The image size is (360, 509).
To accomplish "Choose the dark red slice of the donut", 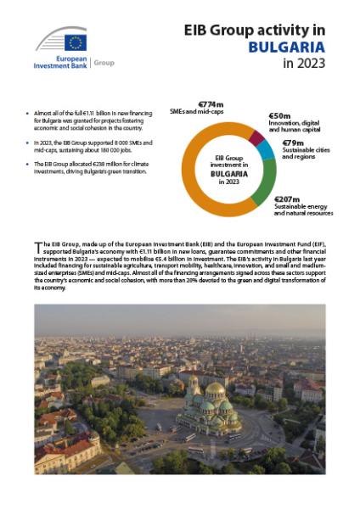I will point(256,136).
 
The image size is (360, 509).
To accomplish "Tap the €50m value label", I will point(281,115).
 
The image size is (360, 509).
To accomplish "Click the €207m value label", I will point(288,200).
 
